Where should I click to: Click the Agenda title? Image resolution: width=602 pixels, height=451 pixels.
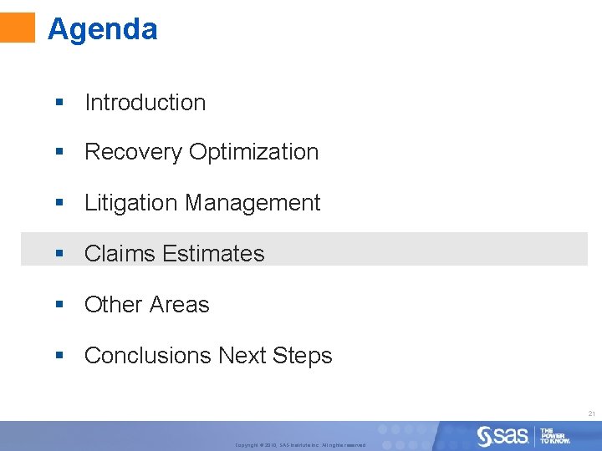tap(102, 29)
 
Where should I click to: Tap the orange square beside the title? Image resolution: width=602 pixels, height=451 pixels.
tap(18, 27)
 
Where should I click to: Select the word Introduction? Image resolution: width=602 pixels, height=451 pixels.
tap(145, 103)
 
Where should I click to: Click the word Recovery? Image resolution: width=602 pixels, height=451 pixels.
tap(134, 152)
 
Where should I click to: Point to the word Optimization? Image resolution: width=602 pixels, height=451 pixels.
tap(254, 152)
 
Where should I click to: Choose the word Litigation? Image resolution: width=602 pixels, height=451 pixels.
tap(131, 203)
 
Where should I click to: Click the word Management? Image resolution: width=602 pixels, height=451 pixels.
tap(253, 203)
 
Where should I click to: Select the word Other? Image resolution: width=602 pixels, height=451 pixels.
tap(111, 305)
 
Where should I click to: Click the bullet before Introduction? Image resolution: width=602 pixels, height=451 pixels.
tap(59, 103)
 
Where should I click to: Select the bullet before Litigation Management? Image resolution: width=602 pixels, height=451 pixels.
tap(59, 203)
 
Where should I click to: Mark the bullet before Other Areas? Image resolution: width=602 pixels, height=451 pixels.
tap(59, 305)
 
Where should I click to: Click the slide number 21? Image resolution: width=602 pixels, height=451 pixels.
tap(591, 414)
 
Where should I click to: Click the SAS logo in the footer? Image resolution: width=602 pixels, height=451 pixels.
tap(503, 435)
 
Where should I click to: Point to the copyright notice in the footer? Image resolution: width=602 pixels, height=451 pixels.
tap(300, 445)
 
